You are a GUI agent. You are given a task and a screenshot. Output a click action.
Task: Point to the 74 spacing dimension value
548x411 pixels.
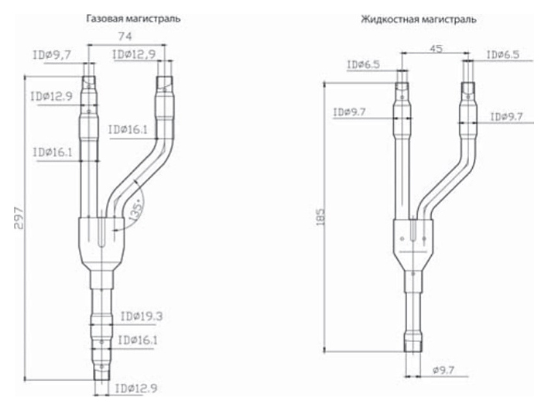[x=122, y=36]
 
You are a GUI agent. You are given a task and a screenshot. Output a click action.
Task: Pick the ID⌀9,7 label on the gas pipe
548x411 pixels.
[x=52, y=55]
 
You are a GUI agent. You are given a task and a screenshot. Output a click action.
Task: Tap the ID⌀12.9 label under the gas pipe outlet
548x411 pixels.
[x=136, y=387]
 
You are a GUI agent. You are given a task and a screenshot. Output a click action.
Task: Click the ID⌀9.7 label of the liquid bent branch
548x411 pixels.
[x=510, y=116]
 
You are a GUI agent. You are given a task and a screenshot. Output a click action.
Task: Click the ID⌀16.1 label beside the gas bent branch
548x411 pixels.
[x=128, y=130]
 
